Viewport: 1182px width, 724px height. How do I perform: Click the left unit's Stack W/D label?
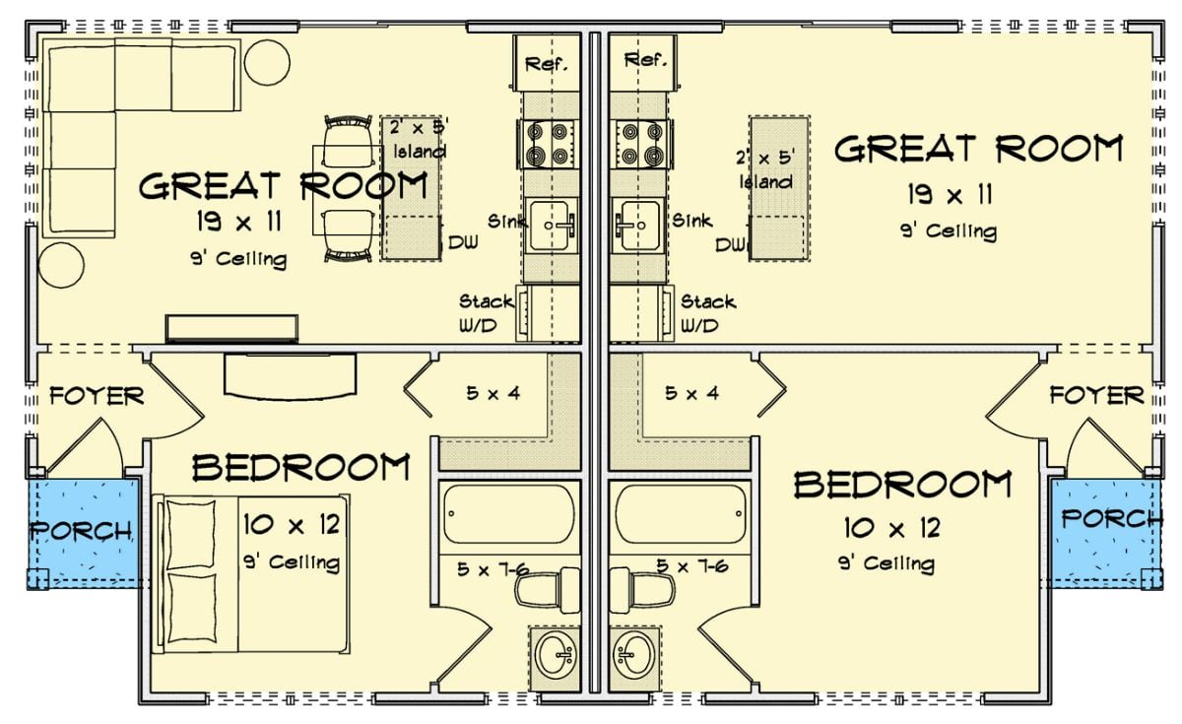click(486, 313)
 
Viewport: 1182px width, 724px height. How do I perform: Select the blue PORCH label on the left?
click(81, 531)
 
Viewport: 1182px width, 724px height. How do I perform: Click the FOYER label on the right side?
click(1095, 396)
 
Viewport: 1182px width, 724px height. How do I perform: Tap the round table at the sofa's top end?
click(267, 62)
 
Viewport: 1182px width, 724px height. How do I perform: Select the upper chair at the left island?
click(348, 142)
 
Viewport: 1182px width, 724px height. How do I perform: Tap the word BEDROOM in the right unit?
click(902, 485)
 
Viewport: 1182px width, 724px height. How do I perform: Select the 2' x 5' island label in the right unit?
click(764, 168)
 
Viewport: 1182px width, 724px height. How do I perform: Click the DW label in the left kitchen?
click(462, 242)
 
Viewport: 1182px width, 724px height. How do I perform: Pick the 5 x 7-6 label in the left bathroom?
click(490, 567)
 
